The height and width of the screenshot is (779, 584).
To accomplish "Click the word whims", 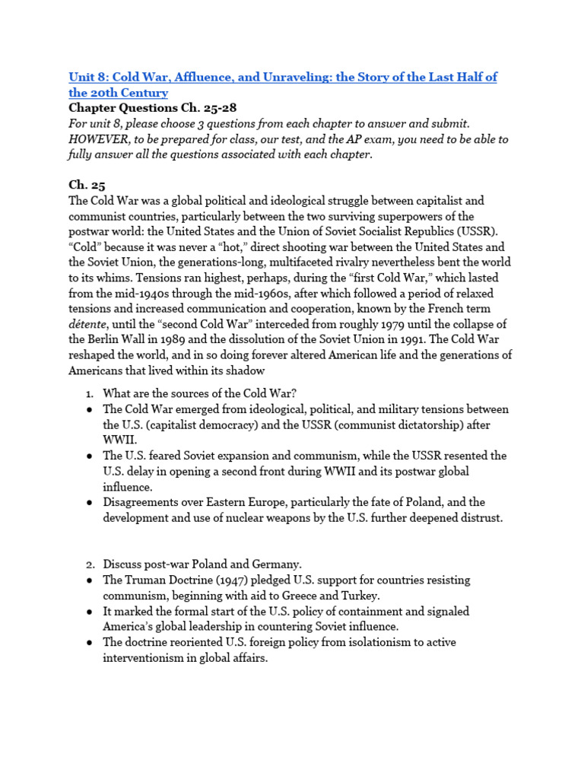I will (108, 278).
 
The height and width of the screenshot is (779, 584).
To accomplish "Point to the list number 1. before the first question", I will (89, 393).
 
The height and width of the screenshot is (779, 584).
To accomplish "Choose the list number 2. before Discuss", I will (89, 564).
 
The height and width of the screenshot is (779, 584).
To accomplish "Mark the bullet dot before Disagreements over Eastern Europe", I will (89, 502).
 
